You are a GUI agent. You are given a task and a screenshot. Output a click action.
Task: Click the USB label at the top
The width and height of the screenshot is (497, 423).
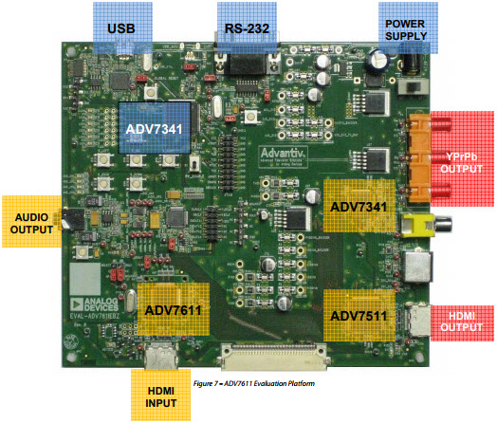(x=121, y=28)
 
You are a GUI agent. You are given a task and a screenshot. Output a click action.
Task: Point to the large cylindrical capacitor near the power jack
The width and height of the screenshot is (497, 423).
(x=380, y=59)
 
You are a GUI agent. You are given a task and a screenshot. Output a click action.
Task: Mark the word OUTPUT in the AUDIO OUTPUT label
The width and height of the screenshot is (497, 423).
(x=32, y=230)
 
